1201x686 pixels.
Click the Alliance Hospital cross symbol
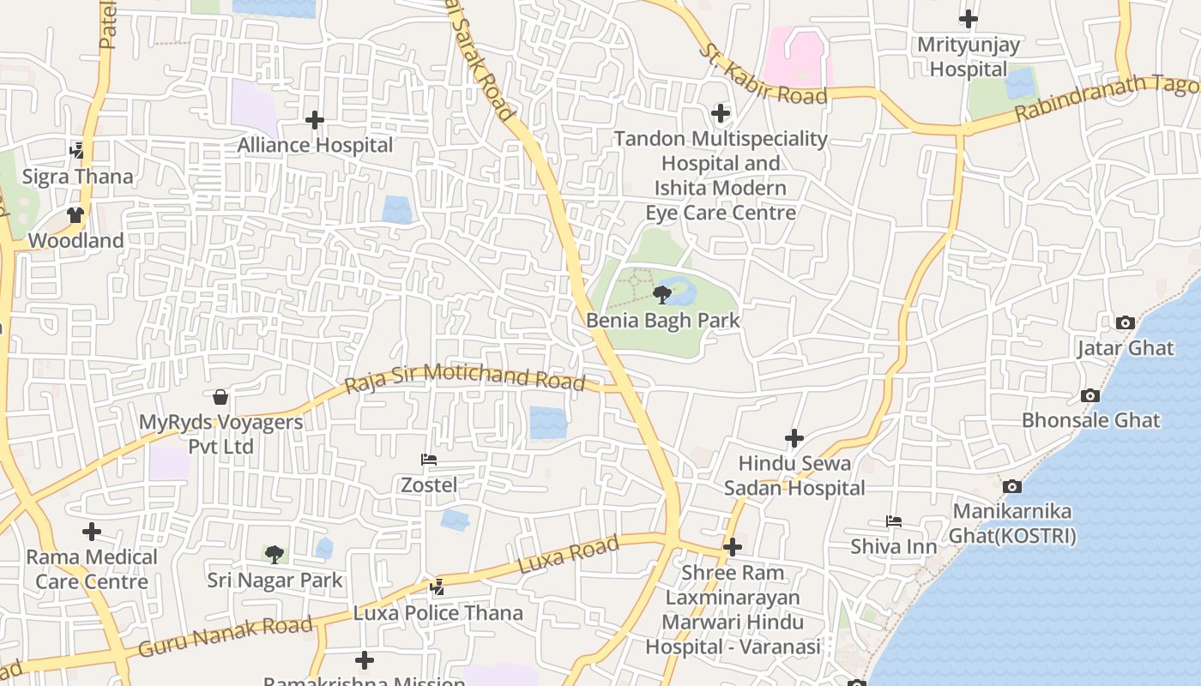(315, 120)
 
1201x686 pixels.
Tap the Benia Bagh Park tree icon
(661, 296)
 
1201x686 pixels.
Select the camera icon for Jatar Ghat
(1126, 323)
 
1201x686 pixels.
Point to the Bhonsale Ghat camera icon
(1090, 395)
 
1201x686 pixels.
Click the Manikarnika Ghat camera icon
(1012, 486)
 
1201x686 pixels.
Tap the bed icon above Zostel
(429, 460)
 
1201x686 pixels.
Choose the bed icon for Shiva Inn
(893, 521)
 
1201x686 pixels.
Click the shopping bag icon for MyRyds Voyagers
(220, 397)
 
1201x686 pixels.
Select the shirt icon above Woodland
(75, 215)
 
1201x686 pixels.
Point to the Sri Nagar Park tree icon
(275, 555)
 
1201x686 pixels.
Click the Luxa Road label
(568, 556)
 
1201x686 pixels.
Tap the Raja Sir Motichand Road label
(464, 377)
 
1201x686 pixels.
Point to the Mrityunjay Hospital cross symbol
(969, 18)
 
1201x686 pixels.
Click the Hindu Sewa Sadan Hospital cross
(794, 438)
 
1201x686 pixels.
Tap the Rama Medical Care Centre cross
(92, 532)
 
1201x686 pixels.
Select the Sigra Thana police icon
(77, 151)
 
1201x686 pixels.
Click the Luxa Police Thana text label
(438, 613)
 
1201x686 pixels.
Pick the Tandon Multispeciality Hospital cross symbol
(721, 113)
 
